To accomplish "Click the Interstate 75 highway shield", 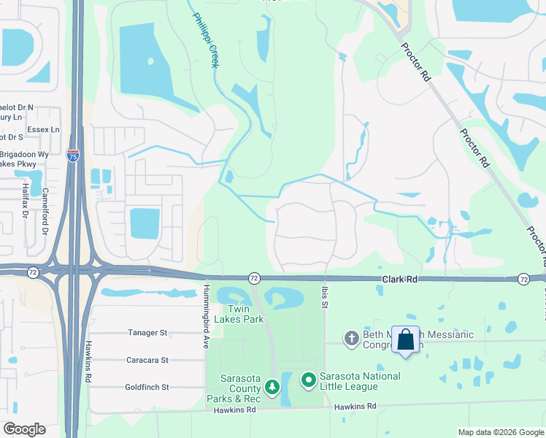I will tap(72, 155).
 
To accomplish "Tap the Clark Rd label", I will tap(401, 280).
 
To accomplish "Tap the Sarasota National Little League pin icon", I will tap(309, 380).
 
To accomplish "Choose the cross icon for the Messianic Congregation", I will tap(351, 338).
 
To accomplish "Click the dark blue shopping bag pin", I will tap(405, 339).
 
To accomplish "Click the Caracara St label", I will tap(146, 360).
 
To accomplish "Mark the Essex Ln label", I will tap(45, 129).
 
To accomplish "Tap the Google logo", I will tap(24, 429).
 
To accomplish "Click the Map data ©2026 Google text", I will tap(500, 432).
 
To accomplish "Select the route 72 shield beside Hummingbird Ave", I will tap(253, 278).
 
